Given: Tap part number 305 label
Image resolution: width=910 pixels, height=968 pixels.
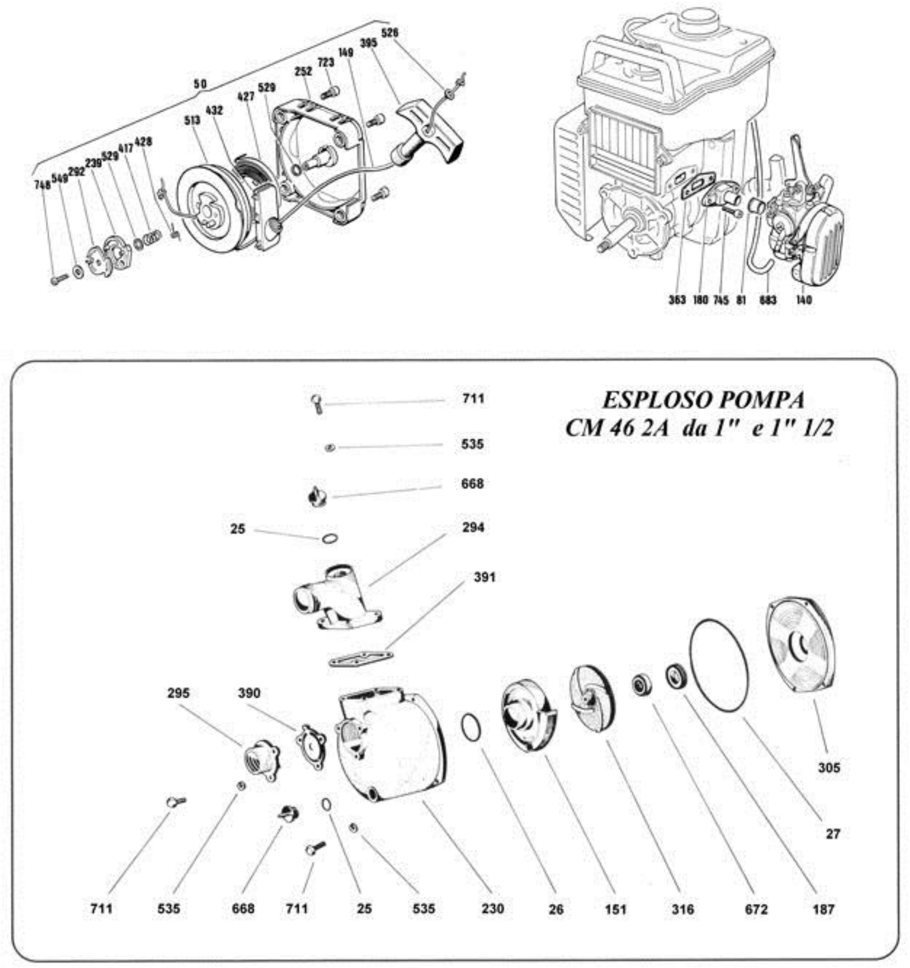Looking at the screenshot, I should pyautogui.click(x=829, y=768).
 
